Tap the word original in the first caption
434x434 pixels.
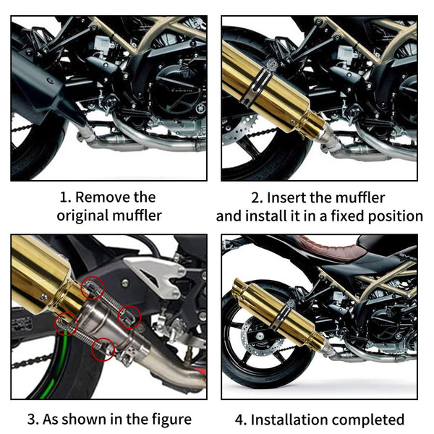[x=82, y=216]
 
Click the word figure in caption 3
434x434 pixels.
[x=168, y=419]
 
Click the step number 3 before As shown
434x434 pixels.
[x=31, y=419]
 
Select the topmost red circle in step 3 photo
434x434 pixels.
[x=91, y=287]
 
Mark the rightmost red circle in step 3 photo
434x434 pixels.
[x=129, y=316]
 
